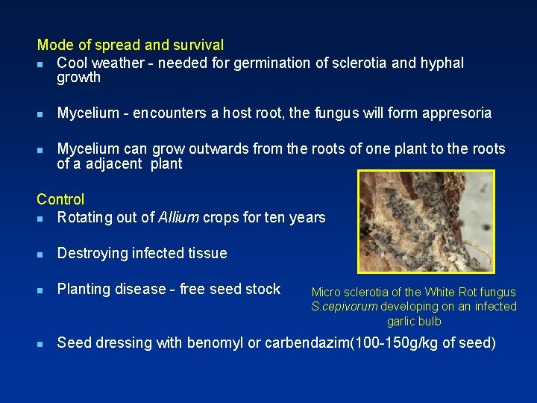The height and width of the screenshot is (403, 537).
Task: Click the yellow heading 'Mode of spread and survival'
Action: pos(130,46)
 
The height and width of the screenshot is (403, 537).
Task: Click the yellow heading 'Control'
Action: pos(60,199)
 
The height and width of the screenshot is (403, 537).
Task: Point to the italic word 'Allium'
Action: pos(178,218)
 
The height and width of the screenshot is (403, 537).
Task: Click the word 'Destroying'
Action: pos(93,254)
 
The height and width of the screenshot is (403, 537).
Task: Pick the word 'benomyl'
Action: pos(213,343)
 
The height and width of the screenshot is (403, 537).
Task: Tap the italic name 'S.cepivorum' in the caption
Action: pos(344,307)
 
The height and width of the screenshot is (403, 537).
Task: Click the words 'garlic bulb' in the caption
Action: pos(414,322)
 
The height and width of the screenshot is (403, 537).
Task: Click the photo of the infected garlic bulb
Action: pos(426,222)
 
